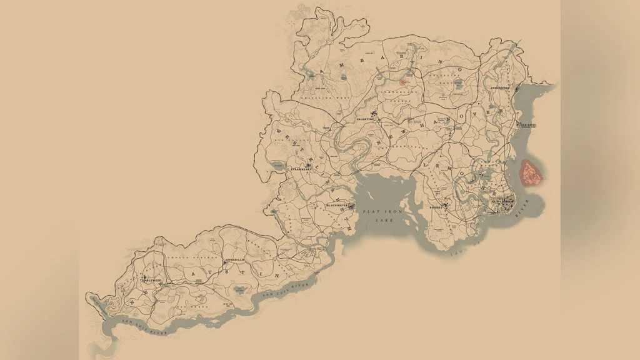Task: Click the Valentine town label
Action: [364, 119]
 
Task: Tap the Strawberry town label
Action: [299, 169]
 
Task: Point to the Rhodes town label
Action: [436, 207]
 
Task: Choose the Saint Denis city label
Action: [502, 201]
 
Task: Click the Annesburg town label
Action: [501, 89]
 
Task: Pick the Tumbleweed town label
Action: [151, 281]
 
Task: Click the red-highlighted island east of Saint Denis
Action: [531, 172]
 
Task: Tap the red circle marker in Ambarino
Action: [402, 81]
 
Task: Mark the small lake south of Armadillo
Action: [239, 289]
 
